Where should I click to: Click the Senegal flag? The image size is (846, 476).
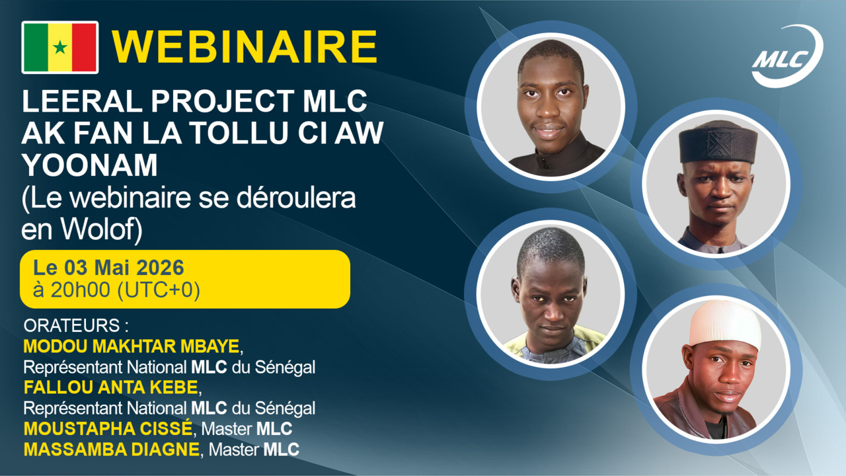pyautogui.click(x=60, y=47)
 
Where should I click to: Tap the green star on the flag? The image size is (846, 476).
pyautogui.click(x=60, y=48)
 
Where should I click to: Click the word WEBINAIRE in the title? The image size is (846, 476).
pyautogui.click(x=244, y=47)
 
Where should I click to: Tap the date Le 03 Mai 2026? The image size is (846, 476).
pyautogui.click(x=108, y=269)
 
